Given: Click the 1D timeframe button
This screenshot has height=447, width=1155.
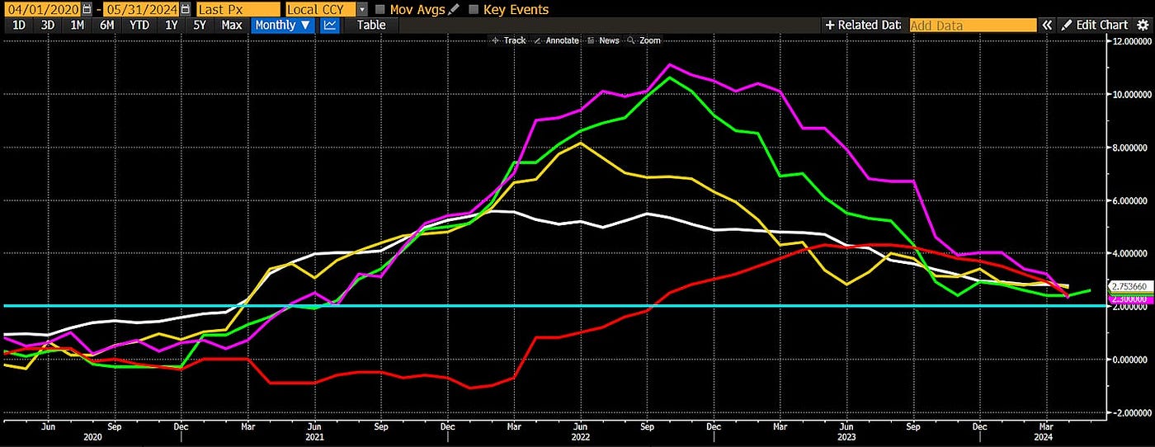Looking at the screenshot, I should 17,25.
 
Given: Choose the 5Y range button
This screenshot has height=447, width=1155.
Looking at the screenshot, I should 200,25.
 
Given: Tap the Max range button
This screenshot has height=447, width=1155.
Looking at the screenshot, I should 232,25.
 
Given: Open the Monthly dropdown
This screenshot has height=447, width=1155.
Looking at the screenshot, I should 283,25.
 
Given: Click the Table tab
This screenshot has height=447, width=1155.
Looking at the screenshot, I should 370,25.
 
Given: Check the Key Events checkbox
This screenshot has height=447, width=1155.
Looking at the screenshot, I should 474,9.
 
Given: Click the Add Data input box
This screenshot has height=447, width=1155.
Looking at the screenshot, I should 972,26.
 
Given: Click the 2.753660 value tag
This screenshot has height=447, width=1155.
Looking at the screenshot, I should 1129,286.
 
